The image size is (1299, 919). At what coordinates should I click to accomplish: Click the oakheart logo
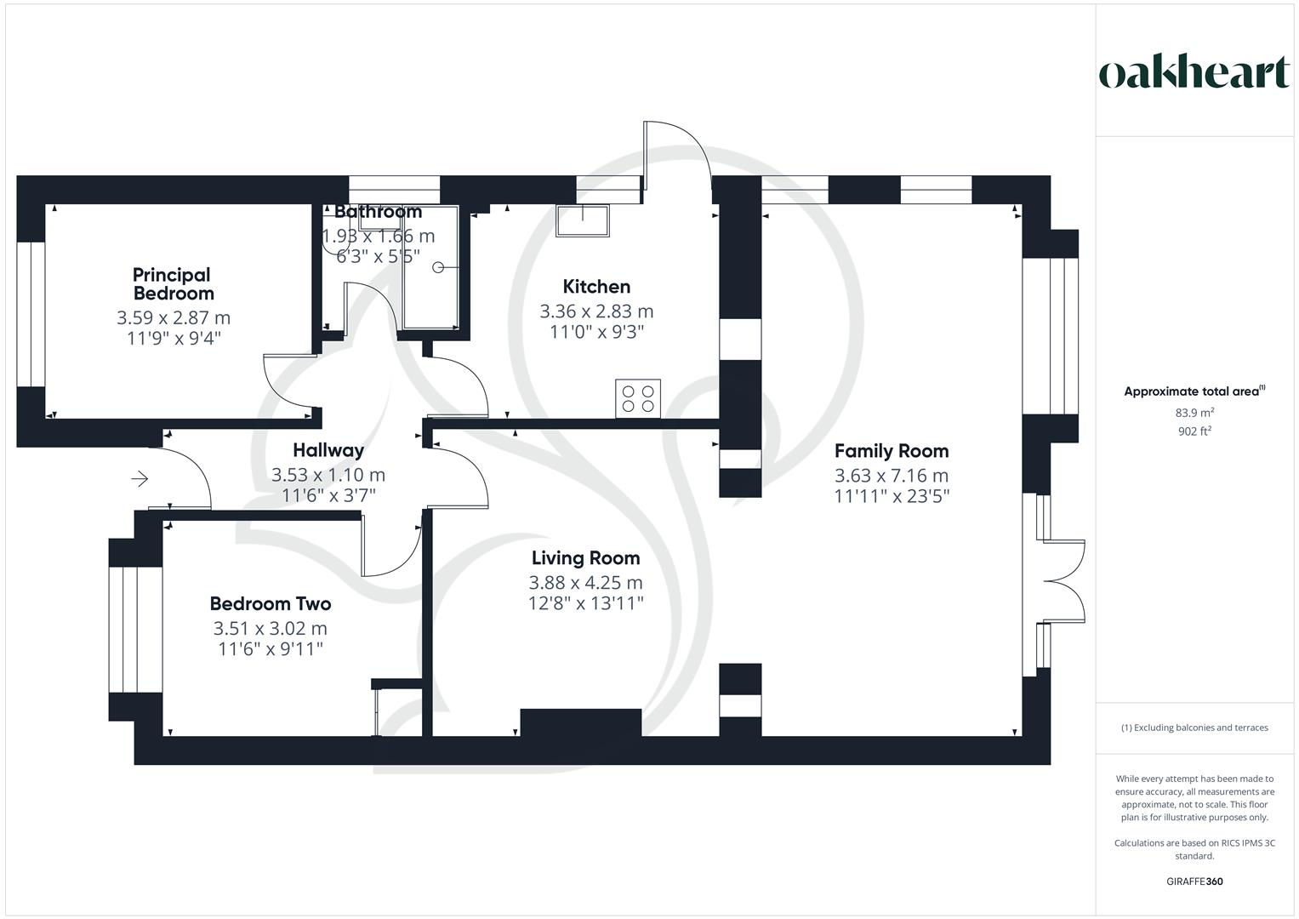1194,72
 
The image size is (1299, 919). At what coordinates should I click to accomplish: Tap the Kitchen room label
596,287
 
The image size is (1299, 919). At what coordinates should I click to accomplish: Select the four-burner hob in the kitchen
638,399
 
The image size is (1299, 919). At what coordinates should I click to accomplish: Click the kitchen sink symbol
583,220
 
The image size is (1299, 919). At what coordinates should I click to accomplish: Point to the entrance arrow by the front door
140,480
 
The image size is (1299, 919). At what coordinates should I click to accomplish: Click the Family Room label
891,451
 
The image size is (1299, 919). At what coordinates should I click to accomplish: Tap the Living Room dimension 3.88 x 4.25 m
585,583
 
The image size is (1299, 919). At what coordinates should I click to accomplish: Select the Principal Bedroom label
173,284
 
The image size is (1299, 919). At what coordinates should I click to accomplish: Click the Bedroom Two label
271,604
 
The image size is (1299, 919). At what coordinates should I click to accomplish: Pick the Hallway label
328,450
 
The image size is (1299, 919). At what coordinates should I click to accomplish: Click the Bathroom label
378,212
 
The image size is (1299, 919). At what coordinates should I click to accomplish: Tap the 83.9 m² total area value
1194,413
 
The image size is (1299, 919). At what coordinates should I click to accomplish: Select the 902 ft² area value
1194,431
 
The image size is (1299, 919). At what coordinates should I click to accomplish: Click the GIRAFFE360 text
1194,882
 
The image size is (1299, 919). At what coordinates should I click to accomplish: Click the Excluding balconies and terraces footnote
1194,728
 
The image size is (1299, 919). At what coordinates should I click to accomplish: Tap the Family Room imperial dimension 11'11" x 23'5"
891,496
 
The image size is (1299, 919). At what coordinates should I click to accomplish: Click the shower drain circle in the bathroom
438,267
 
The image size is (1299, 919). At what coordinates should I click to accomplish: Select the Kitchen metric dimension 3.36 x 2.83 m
596,311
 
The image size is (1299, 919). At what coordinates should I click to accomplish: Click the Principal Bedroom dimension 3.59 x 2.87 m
174,318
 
